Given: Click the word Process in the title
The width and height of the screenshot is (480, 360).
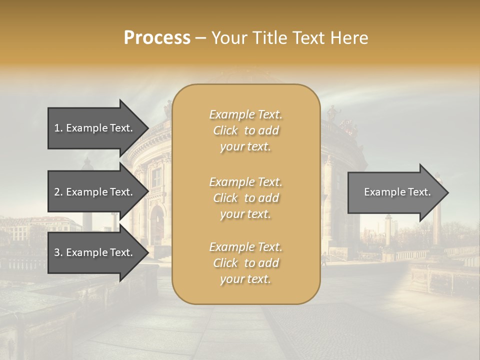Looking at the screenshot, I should click(x=157, y=38).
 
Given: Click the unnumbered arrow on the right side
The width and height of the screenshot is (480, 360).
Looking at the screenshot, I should click(x=395, y=192).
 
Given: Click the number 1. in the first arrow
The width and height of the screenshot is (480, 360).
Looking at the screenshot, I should click(x=58, y=128).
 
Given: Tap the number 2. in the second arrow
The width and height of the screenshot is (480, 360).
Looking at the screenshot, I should click(x=58, y=192).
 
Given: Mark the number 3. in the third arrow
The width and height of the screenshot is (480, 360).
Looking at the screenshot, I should click(x=58, y=252).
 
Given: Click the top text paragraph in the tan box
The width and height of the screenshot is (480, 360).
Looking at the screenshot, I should click(x=245, y=130).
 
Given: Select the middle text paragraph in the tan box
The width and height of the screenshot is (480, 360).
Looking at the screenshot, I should click(x=245, y=198).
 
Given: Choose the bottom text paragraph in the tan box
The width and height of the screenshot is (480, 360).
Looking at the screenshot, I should click(x=245, y=263).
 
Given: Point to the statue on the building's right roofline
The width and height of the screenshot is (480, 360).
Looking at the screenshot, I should click(x=332, y=112).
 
